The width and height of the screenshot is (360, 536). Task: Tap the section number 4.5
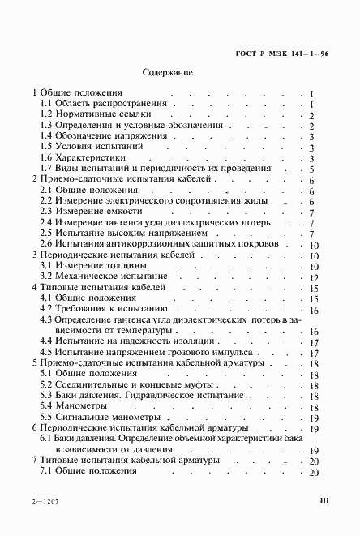click(47, 353)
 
